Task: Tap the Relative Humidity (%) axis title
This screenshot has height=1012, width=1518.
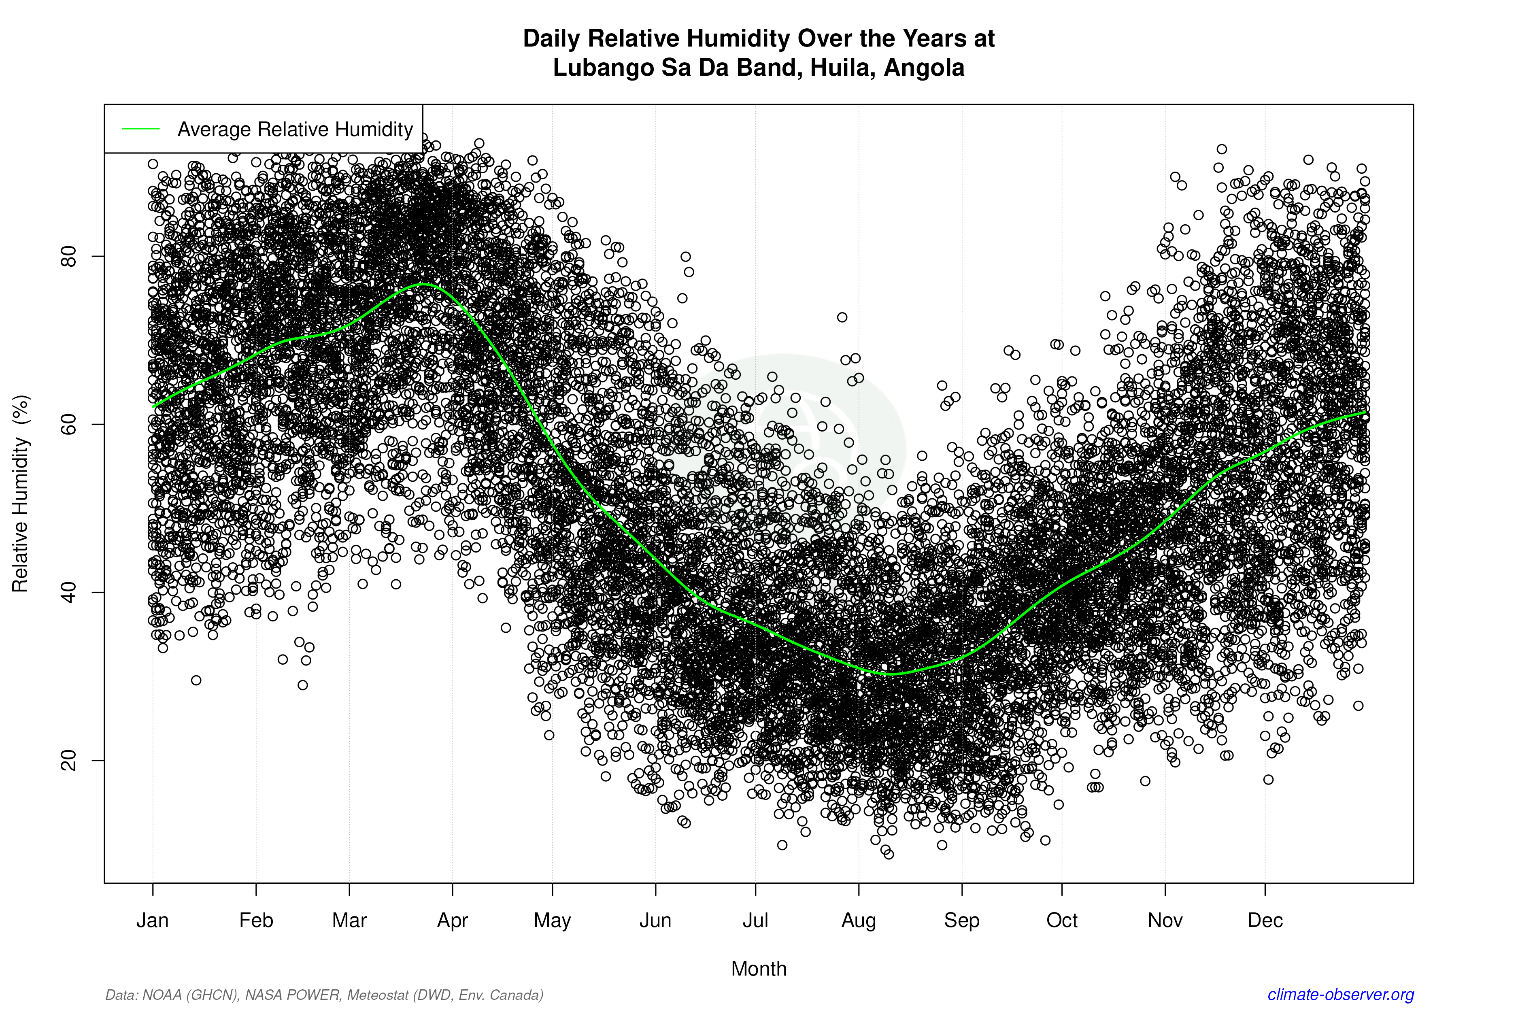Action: pos(21,494)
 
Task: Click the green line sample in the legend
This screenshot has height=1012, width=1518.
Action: pos(141,129)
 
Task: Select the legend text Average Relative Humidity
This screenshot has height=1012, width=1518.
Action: pos(295,129)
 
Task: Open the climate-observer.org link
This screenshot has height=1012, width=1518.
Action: pos(1341,995)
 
